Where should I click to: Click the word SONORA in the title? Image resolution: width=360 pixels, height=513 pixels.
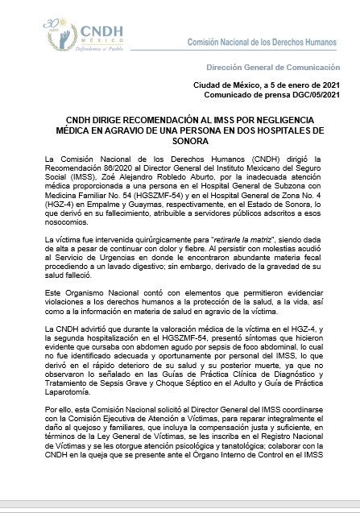pos(180,140)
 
